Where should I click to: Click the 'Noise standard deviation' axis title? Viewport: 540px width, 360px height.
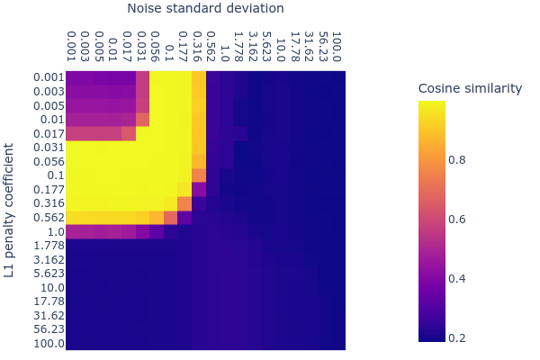205,9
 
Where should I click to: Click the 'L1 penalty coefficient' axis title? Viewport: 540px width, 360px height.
10,209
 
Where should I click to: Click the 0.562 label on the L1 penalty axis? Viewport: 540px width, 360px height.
45,217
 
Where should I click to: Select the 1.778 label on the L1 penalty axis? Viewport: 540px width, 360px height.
45,245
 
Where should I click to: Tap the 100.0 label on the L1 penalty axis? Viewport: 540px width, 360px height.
45,343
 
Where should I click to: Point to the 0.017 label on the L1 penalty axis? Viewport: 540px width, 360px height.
45,133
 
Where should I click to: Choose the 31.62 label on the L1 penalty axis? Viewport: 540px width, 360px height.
45,315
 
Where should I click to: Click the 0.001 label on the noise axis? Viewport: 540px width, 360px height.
73,49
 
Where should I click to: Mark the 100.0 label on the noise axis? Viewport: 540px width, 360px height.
337,49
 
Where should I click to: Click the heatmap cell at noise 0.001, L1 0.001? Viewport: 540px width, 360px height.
73,78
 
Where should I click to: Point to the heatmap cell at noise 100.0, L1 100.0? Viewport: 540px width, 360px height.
337,343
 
